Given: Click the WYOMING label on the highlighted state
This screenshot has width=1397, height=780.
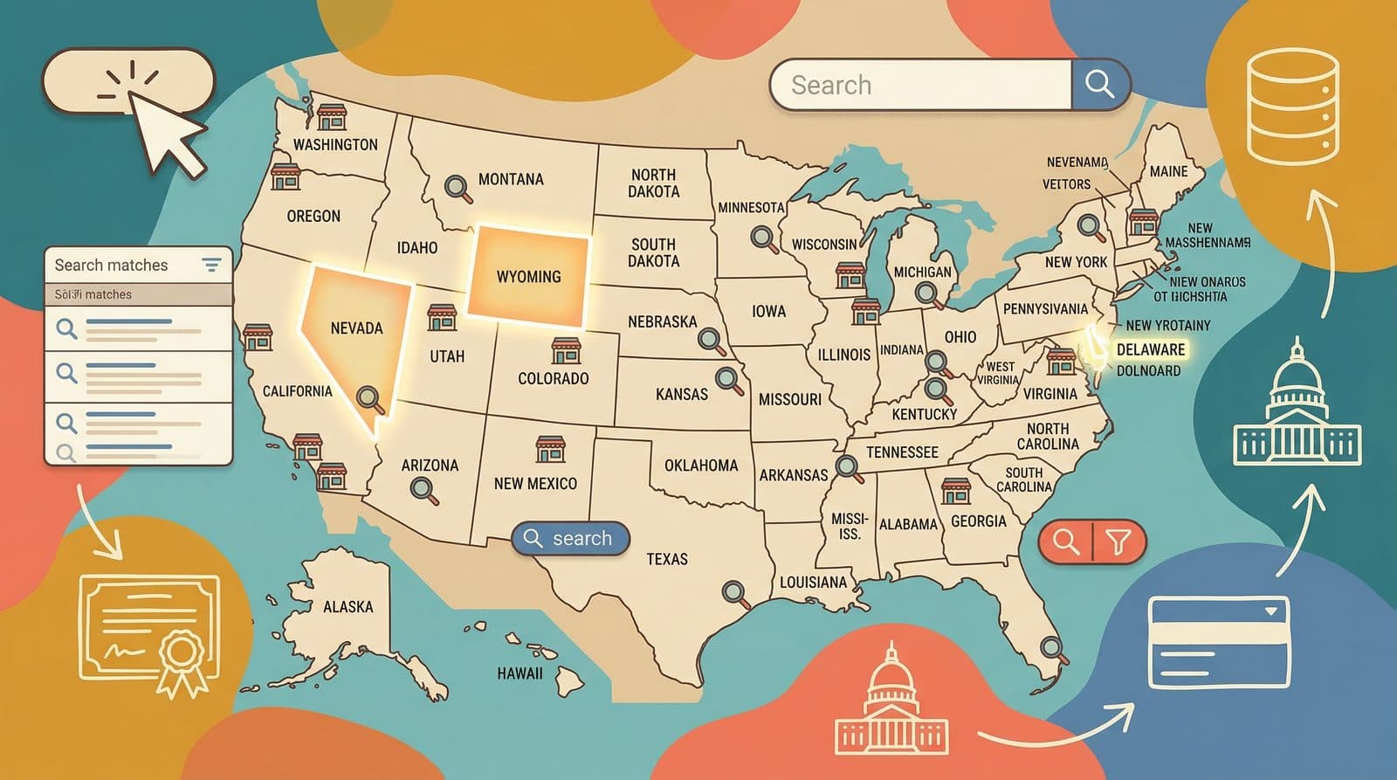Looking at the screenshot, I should [528, 277].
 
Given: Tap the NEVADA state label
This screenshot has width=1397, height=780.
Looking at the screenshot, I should [356, 328].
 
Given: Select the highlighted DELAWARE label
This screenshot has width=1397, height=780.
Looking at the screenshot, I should [1151, 349].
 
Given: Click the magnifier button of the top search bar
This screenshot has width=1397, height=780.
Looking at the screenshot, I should [1099, 85].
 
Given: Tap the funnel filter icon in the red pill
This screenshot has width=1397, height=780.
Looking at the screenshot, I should [1118, 542].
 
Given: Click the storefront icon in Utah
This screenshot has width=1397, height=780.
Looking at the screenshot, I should [442, 317].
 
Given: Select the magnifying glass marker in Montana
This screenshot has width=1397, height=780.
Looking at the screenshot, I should [456, 187].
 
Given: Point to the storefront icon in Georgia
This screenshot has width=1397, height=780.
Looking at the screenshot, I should [955, 491].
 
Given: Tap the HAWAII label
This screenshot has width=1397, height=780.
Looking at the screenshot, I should [520, 673].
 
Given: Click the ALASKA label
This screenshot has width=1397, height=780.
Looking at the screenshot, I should [348, 606].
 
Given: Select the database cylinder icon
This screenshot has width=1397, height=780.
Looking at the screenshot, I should [1292, 107].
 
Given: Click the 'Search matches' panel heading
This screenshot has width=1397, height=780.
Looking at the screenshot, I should [111, 265].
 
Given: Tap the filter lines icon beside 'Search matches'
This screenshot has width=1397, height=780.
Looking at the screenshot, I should [211, 265].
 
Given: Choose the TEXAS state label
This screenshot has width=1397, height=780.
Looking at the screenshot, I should [666, 559].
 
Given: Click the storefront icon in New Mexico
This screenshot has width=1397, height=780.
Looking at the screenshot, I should [550, 449].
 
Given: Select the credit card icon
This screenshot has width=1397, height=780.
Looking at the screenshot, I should [1219, 642].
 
